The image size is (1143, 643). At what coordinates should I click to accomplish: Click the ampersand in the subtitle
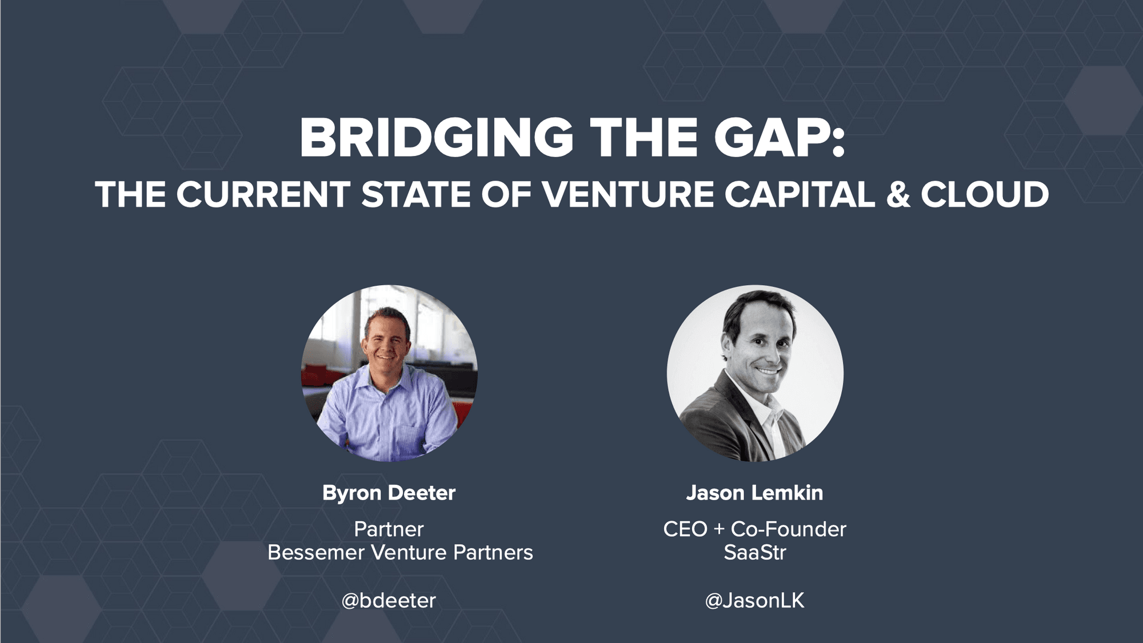click(x=898, y=194)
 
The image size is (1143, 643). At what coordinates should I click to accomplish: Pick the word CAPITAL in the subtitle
click(x=800, y=194)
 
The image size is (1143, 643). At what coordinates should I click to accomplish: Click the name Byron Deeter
click(x=389, y=493)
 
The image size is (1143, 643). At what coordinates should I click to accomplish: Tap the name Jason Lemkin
click(x=754, y=493)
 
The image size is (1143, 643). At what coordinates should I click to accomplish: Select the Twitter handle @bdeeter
click(x=389, y=600)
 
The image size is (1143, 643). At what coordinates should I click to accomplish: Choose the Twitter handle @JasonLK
click(x=754, y=600)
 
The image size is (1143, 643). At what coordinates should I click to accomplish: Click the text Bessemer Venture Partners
click(x=400, y=553)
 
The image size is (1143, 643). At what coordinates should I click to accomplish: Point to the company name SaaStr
click(x=754, y=553)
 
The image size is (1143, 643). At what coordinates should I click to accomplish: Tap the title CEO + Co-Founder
click(x=754, y=529)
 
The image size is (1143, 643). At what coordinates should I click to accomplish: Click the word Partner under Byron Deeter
click(x=389, y=529)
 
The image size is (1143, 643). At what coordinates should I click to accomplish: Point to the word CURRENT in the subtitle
click(x=263, y=194)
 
